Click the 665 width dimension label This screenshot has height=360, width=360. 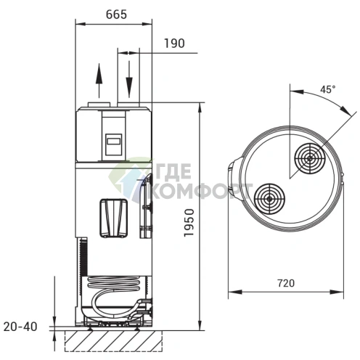tap(116, 15)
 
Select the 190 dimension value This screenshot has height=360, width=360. tap(174, 44)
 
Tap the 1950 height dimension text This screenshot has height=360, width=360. tap(189, 223)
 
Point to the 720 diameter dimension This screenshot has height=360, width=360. tap(286, 283)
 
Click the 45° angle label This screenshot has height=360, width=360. tap(328, 89)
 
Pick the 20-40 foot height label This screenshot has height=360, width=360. tap(20, 327)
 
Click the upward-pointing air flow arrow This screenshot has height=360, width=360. tap(99, 81)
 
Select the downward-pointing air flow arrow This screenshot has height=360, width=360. tap(129, 79)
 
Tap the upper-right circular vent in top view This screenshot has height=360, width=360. tap(310, 159)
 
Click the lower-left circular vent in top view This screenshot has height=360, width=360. tap(269, 199)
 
